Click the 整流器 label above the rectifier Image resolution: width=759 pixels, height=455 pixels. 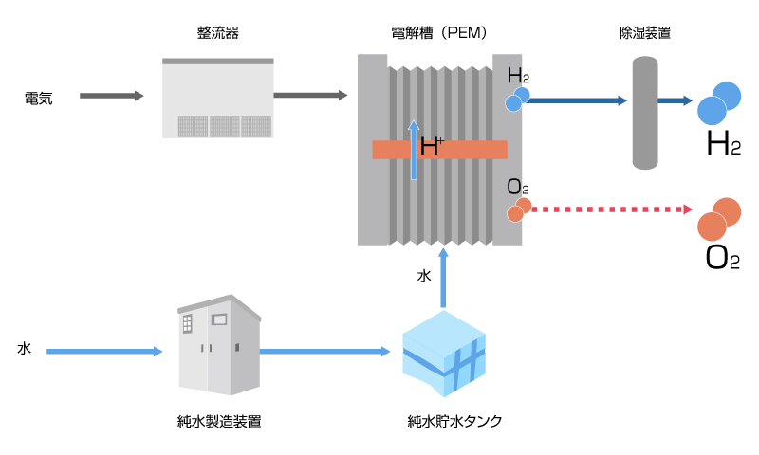point(217,33)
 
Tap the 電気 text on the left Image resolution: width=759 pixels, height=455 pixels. point(38,97)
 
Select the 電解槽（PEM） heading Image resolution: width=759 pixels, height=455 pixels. point(439,33)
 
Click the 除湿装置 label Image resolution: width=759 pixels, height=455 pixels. point(645,33)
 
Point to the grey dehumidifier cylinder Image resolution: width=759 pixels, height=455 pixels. point(645,113)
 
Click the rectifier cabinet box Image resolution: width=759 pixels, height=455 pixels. point(217,98)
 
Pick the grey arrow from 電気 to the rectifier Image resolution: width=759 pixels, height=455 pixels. point(111,96)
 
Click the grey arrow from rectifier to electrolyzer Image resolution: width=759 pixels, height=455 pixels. point(310,96)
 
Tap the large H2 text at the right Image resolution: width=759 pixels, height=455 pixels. point(723,145)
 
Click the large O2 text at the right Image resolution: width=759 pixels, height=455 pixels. point(722,258)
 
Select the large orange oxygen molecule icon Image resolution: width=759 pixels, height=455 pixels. point(719,219)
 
